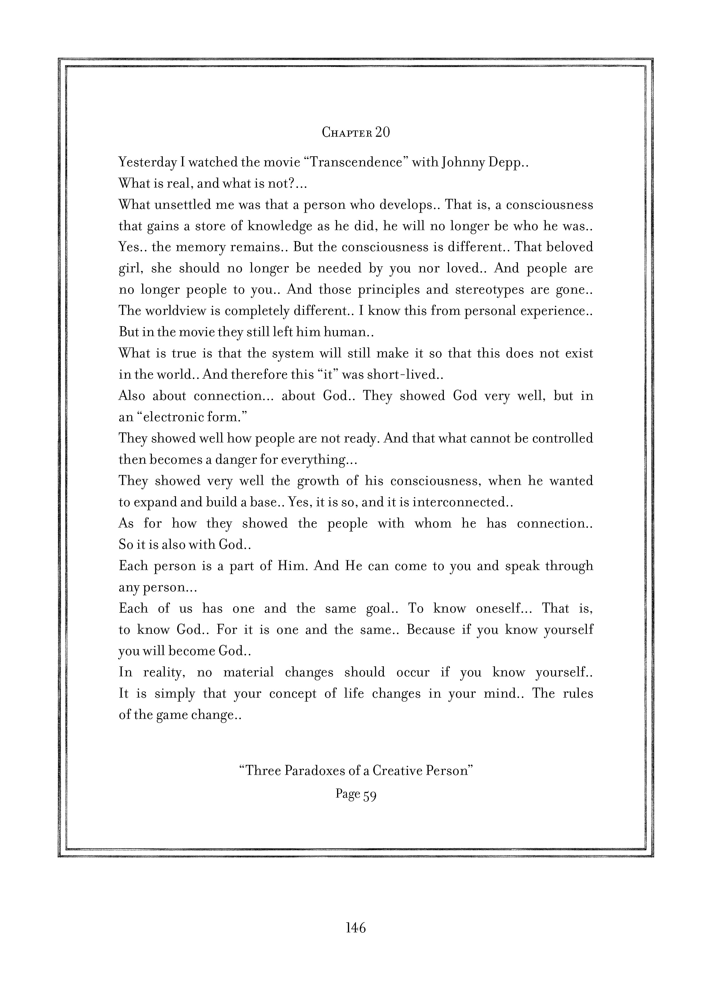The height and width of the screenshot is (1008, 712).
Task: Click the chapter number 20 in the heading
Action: click(382, 132)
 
